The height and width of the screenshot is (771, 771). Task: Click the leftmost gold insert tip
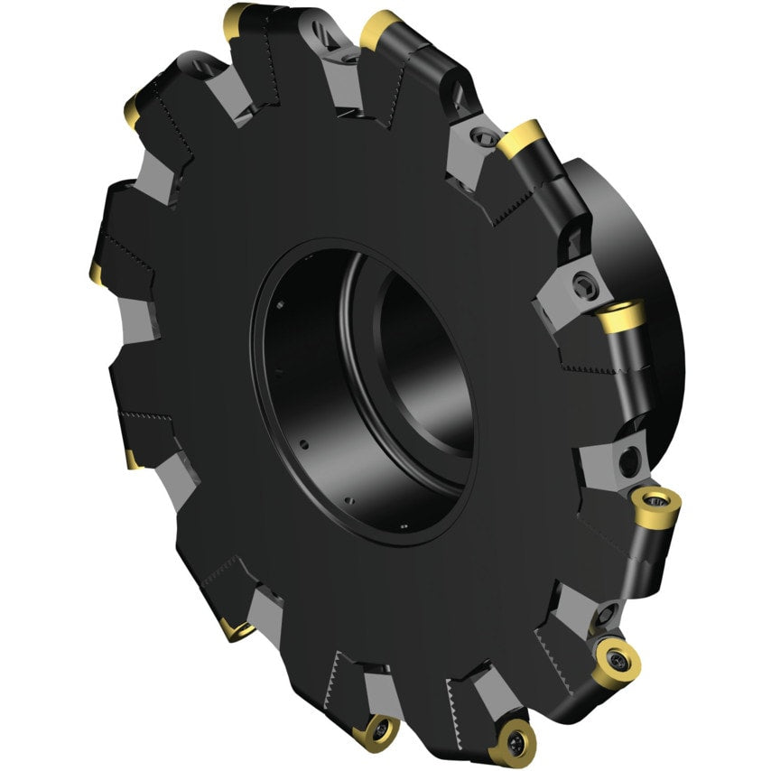(95, 272)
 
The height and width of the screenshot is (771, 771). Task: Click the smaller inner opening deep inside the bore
(424, 361)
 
